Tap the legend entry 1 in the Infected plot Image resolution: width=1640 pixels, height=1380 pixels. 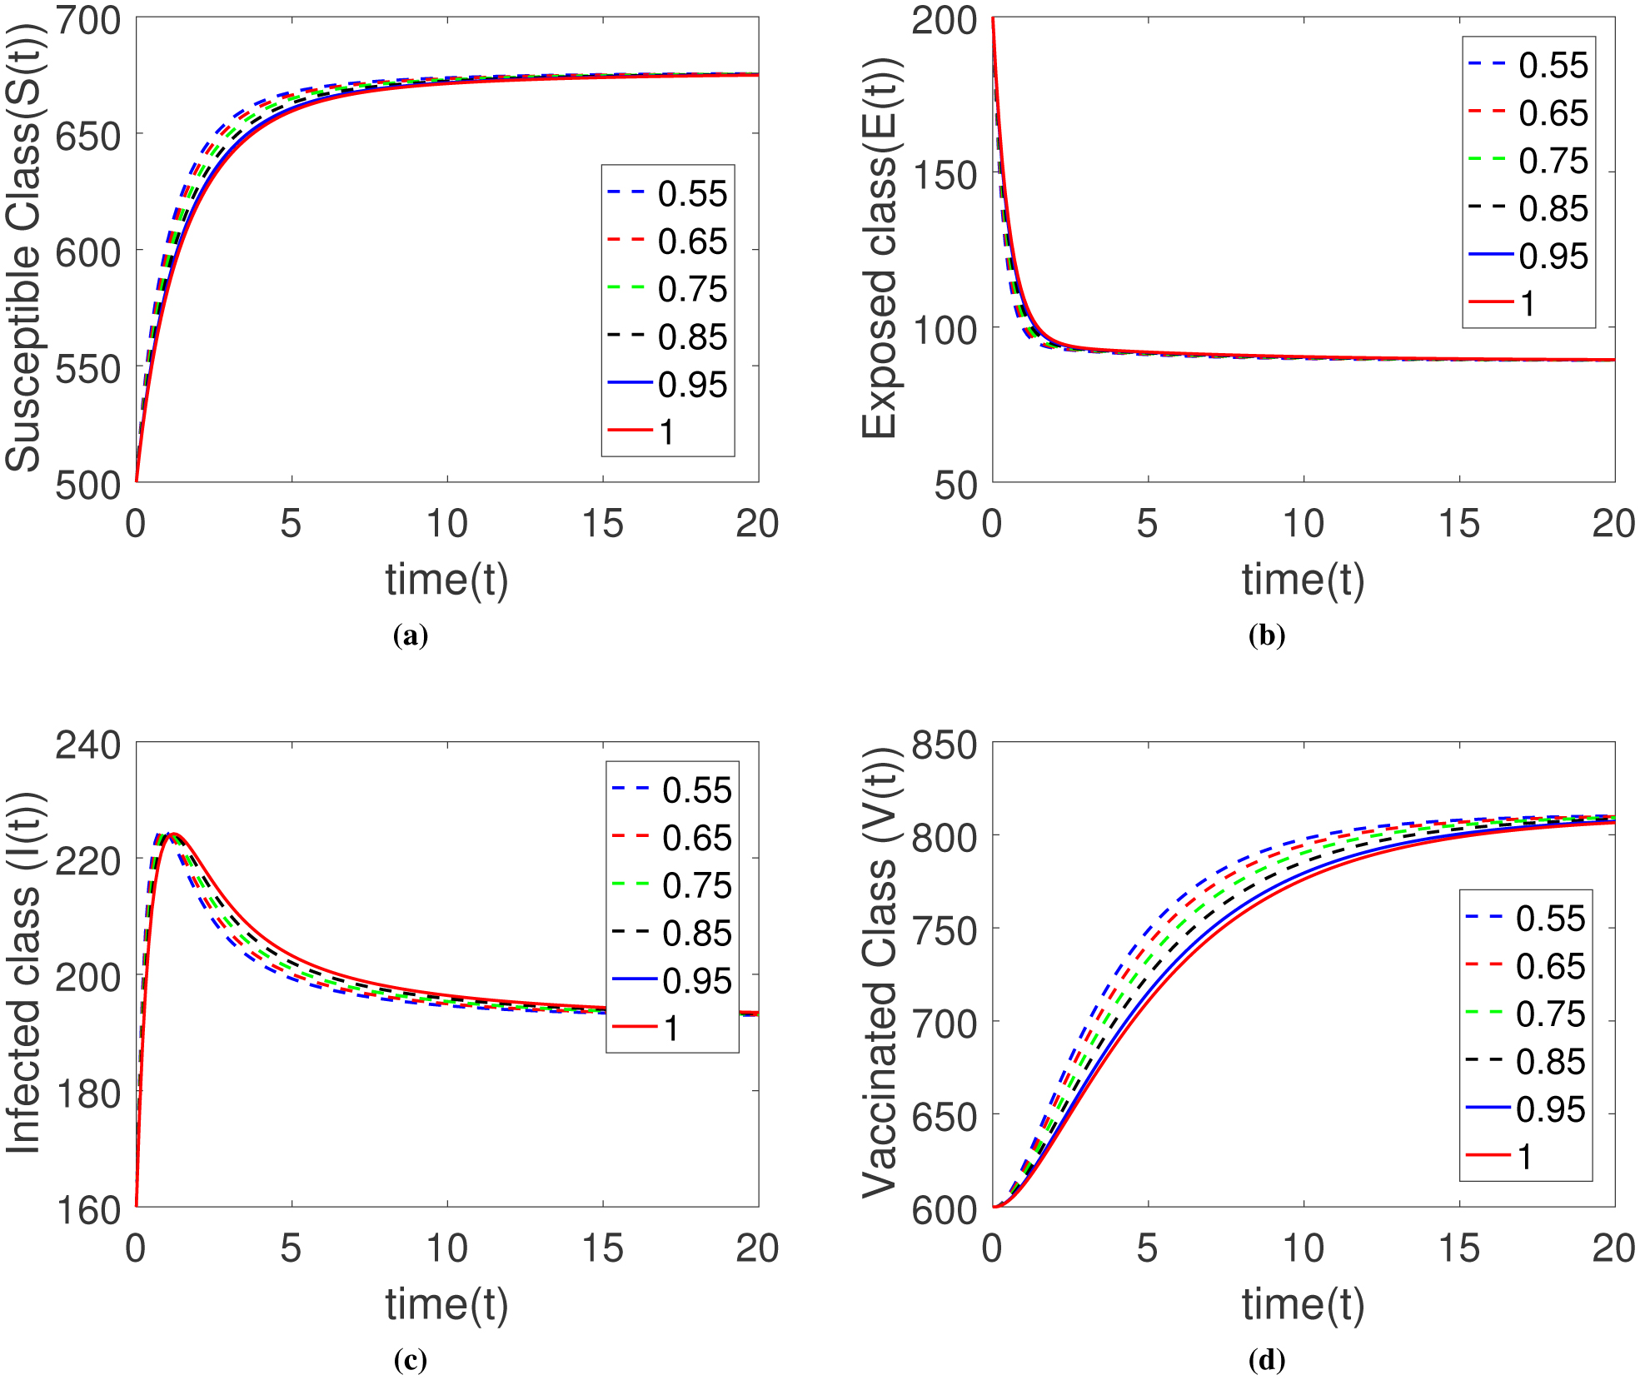pyautogui.click(x=670, y=1029)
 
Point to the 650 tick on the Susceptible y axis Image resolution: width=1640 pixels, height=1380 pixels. pyautogui.click(x=87, y=136)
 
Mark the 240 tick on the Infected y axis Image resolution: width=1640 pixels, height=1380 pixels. pyautogui.click(x=87, y=745)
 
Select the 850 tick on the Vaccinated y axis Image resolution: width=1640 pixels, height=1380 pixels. pyautogui.click(x=944, y=745)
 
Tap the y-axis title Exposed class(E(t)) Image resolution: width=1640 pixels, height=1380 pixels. pyautogui.click(x=880, y=248)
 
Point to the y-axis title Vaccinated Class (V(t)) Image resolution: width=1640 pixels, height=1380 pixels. pyautogui.click(x=880, y=973)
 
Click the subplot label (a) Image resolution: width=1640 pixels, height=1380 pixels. pyautogui.click(x=410, y=636)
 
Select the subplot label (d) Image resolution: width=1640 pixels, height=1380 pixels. pyautogui.click(x=1266, y=1361)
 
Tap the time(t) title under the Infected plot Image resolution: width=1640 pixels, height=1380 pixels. pyautogui.click(x=446, y=1304)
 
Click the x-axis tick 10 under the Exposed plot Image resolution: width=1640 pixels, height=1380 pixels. pyautogui.click(x=1303, y=524)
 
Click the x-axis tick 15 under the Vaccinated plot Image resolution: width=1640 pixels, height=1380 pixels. pyautogui.click(x=1459, y=1248)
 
